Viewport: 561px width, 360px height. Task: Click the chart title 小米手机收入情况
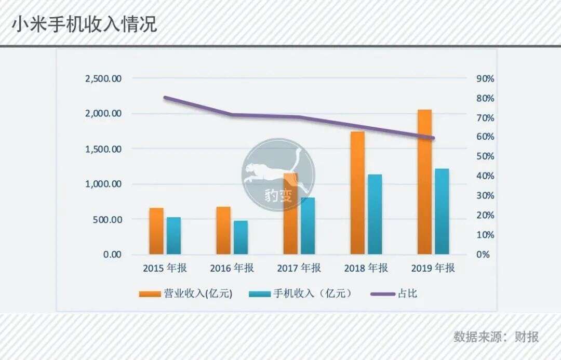85,24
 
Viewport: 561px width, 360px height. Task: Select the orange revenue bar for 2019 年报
424,182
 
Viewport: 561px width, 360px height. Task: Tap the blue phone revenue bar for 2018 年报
375,214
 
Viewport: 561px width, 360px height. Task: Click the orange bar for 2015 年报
156,231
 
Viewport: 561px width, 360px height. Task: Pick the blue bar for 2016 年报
241,237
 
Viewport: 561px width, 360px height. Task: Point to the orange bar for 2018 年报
357,193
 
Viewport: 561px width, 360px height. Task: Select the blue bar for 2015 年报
173,235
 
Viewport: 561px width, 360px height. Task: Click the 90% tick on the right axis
485,78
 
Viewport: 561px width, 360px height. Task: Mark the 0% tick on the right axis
483,255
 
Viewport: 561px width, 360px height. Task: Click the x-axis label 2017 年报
299,269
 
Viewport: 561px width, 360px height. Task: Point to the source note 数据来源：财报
496,337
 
